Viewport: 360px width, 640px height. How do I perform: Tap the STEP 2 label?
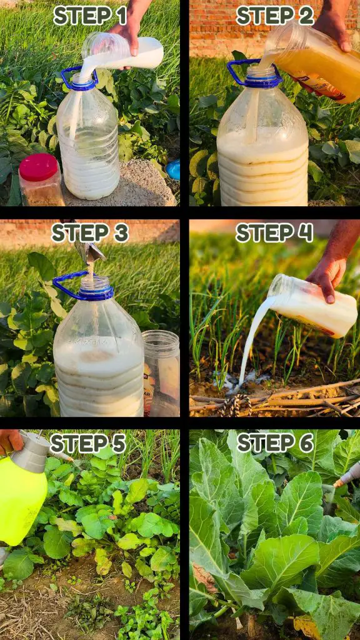(275, 16)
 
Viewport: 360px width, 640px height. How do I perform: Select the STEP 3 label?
(90, 233)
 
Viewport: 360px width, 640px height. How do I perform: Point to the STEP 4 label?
(274, 233)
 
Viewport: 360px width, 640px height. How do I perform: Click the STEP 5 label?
(87, 443)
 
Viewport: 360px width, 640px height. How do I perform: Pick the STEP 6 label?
(275, 443)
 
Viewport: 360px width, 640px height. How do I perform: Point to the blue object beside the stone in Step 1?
(173, 169)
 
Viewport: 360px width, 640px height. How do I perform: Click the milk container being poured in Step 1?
(122, 52)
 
